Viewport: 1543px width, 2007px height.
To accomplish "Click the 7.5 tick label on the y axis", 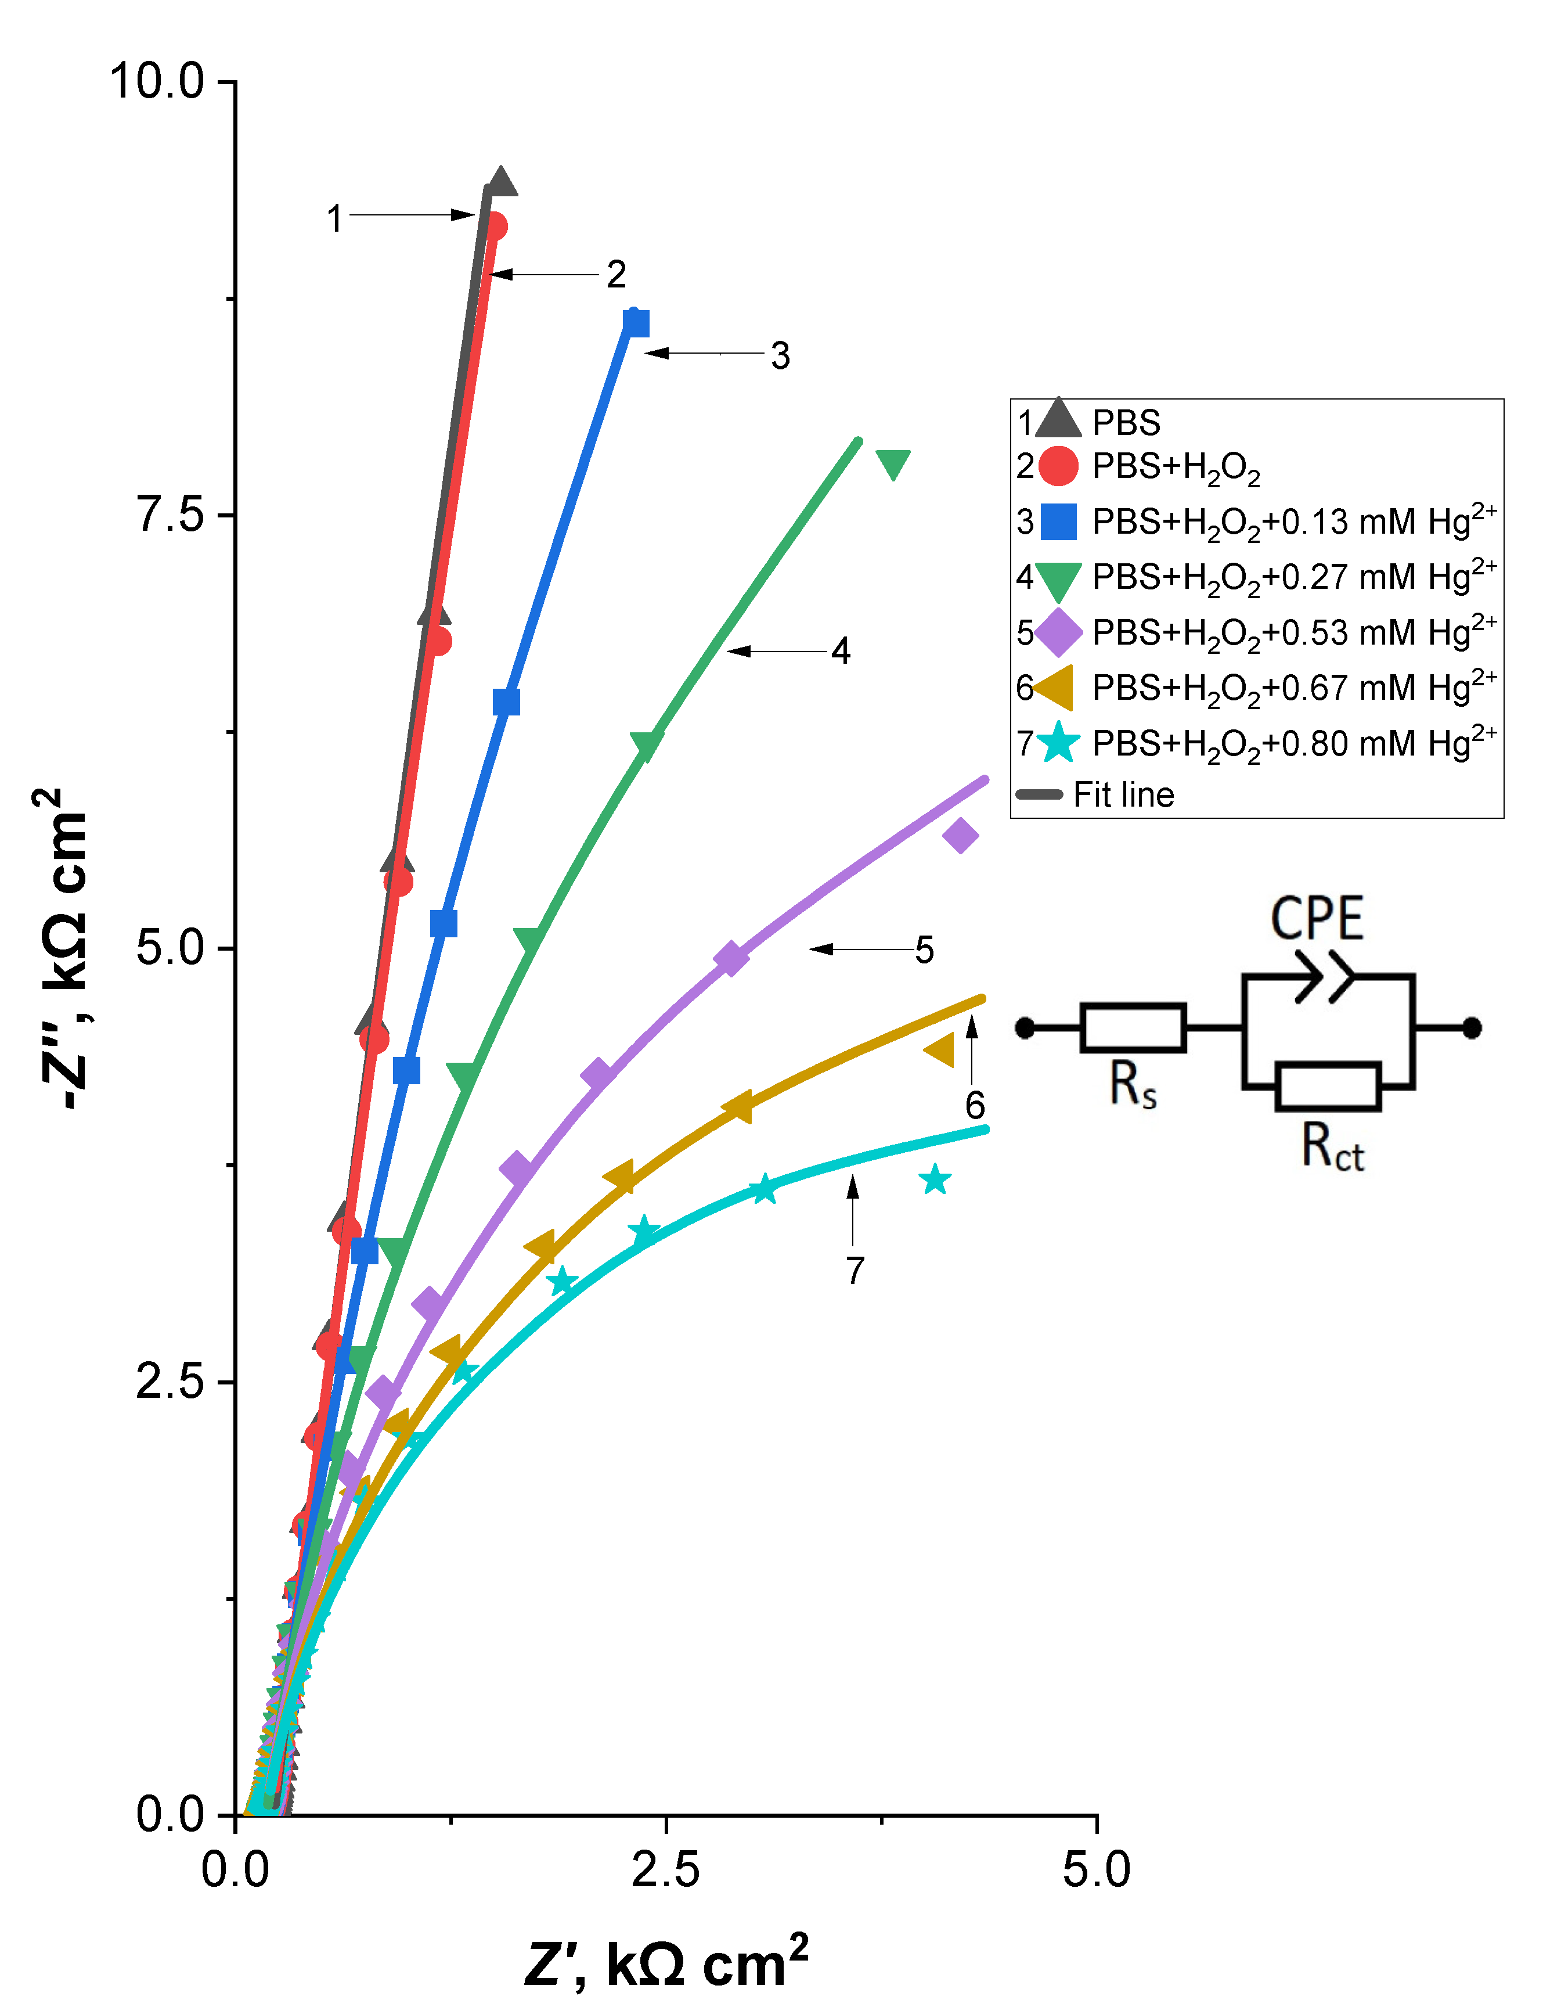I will [x=171, y=515].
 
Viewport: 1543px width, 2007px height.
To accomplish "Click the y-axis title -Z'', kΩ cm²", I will [x=64, y=946].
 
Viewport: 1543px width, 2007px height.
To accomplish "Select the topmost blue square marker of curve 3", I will [x=636, y=323].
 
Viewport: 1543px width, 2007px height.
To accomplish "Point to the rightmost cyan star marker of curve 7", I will [x=935, y=1180].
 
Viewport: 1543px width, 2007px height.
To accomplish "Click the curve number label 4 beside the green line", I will [x=841, y=651].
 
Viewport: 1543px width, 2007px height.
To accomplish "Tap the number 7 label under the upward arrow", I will [x=854, y=1270].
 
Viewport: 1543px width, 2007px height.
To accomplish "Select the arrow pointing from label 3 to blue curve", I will [x=702, y=353].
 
